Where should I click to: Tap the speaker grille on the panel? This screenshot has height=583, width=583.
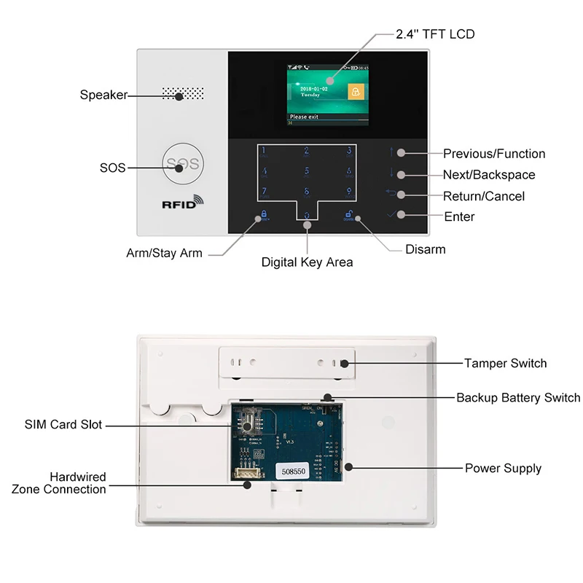pyautogui.click(x=183, y=95)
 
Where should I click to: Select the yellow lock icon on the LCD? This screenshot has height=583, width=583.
pyautogui.click(x=355, y=92)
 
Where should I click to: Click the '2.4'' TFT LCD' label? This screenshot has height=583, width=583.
pyautogui.click(x=435, y=34)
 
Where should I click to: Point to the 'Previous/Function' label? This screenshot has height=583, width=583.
pyautogui.click(x=493, y=154)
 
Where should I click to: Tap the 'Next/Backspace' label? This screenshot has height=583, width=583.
pyautogui.click(x=488, y=175)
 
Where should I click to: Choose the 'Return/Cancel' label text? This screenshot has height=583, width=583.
pyautogui.click(x=483, y=196)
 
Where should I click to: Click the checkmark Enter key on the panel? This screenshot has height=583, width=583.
pyautogui.click(x=394, y=215)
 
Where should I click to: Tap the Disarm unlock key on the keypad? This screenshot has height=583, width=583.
pyautogui.click(x=349, y=216)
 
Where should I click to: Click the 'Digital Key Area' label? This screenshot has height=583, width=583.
pyautogui.click(x=307, y=262)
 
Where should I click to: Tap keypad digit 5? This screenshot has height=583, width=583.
pyautogui.click(x=307, y=173)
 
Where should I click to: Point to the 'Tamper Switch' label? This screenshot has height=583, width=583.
pyautogui.click(x=505, y=363)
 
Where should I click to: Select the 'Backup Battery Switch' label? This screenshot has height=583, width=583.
pyautogui.click(x=518, y=397)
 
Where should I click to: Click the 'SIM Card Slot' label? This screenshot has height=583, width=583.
pyautogui.click(x=63, y=424)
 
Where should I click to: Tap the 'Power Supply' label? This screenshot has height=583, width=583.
pyautogui.click(x=503, y=468)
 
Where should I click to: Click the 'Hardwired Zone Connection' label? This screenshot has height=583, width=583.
pyautogui.click(x=59, y=483)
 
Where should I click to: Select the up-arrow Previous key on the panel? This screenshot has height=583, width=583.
pyautogui.click(x=392, y=152)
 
